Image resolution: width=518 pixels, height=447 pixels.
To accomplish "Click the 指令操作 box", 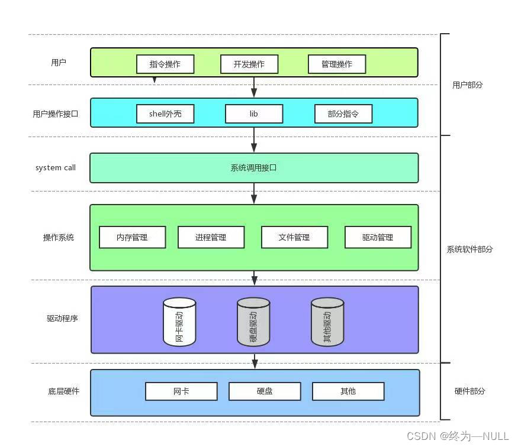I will point(165,64).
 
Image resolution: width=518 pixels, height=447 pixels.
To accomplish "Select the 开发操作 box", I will point(249,64).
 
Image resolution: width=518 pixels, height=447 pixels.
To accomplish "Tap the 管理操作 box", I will point(336,64).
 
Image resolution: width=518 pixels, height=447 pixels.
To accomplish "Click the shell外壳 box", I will point(165,114).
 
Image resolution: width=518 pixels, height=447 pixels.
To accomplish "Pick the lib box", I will point(254,114).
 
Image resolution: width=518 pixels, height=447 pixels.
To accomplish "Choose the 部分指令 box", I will point(343,114).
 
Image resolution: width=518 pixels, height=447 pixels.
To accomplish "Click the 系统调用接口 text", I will point(254,168).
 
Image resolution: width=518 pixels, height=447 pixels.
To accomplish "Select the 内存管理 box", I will point(132,237).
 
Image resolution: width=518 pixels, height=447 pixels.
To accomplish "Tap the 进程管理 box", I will point(211,237).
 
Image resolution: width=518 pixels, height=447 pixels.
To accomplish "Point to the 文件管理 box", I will point(294,237).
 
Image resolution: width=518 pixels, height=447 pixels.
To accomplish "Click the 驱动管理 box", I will point(378,237).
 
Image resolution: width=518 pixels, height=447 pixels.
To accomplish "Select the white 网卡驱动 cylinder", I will point(179,322).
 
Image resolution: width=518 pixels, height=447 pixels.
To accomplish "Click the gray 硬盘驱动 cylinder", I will point(253,322).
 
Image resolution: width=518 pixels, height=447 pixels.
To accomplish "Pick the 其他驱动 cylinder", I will point(327,322).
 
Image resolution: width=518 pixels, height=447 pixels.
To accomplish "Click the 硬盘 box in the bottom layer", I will point(265,391).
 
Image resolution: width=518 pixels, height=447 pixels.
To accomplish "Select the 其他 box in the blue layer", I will point(348,391).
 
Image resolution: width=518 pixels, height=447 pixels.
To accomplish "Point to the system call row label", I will point(56,168).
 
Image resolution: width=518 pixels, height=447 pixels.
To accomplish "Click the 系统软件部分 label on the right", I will point(469,249).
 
